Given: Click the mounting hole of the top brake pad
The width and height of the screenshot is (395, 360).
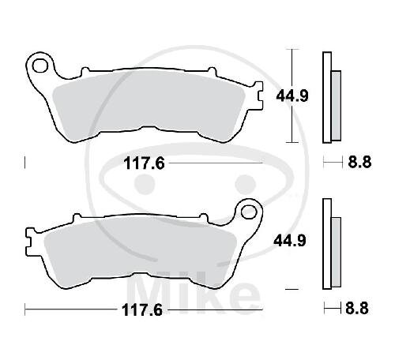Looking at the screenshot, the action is point(40,66).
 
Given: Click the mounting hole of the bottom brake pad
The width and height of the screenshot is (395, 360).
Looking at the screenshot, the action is point(249,212).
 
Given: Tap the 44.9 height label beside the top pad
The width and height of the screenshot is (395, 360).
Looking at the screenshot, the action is point(292,96).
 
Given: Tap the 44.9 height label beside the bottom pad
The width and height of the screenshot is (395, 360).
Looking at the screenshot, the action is point(290,241).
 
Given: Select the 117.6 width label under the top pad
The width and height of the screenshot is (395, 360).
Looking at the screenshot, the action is point(145,163).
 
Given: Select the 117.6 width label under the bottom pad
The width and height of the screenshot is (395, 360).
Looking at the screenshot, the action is point(142,310).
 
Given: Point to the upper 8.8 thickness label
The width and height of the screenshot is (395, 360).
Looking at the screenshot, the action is point(359,162).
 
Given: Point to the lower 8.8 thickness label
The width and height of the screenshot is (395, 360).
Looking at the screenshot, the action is point(357,308).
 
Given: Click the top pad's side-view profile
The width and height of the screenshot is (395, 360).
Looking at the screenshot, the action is point(332,97).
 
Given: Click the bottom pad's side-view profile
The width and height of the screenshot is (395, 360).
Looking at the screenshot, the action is point(332,244).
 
